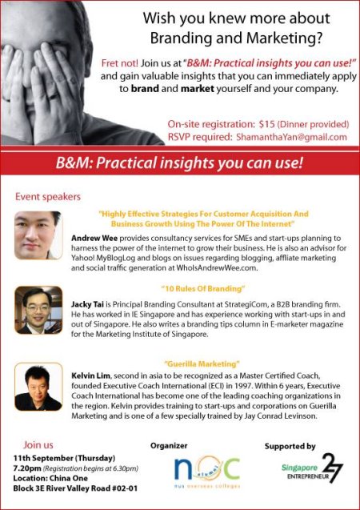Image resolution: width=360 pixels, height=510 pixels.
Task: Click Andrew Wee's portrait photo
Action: tap(38, 235)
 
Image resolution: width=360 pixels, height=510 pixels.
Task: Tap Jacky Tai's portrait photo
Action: tap(38, 310)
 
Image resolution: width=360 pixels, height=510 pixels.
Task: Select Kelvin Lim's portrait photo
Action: tap(38, 387)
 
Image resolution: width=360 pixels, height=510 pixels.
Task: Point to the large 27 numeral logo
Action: tap(332, 468)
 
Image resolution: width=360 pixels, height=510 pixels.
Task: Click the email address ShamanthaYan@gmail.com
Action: tap(291, 137)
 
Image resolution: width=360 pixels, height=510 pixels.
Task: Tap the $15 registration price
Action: tap(267, 124)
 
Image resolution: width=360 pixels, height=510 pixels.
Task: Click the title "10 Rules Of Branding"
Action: tap(202, 288)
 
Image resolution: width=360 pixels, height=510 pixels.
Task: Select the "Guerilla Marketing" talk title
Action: tap(202, 363)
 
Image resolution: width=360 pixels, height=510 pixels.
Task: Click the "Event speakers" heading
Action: tap(48, 197)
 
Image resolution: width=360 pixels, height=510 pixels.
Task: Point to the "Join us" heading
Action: tap(38, 444)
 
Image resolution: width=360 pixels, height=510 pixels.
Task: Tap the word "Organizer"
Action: tap(169, 446)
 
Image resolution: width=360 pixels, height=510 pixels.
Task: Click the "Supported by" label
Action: tap(290, 446)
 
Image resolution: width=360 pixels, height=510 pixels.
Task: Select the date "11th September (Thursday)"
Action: tap(64, 458)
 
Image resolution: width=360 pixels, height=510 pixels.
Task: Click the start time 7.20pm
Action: tap(27, 468)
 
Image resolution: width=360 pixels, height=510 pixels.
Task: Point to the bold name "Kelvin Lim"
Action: tap(91, 376)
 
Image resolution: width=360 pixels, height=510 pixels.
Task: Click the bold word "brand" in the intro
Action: tap(145, 89)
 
